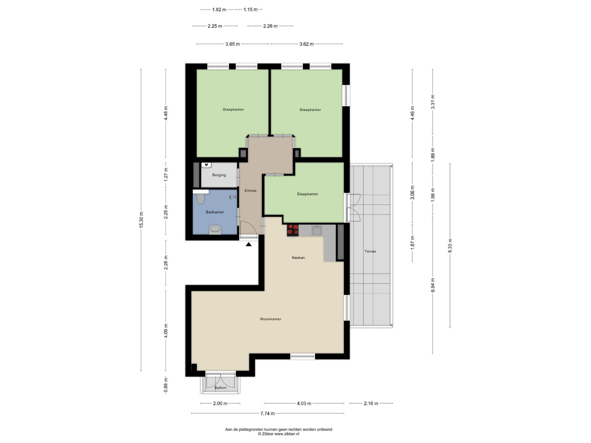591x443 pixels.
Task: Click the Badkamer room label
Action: (215, 212)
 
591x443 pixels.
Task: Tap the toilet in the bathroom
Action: (201, 199)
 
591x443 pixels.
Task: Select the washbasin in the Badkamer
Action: (215, 230)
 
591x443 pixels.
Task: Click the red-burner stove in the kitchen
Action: (293, 230)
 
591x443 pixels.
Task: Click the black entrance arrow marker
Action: (248, 244)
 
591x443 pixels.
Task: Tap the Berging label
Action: (219, 175)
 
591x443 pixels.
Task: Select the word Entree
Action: (251, 191)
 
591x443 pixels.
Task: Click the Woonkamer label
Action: (271, 319)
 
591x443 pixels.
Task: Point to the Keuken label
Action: (298, 258)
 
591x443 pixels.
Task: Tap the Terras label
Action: (370, 251)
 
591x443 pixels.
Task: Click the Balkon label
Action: (221, 388)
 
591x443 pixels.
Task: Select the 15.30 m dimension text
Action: (141, 220)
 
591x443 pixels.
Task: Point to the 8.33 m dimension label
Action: (450, 246)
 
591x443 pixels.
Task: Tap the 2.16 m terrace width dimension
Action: (371, 403)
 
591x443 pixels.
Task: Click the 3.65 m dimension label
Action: (233, 44)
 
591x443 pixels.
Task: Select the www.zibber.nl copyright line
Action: (279, 434)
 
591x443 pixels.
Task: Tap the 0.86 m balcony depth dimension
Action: (166, 385)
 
